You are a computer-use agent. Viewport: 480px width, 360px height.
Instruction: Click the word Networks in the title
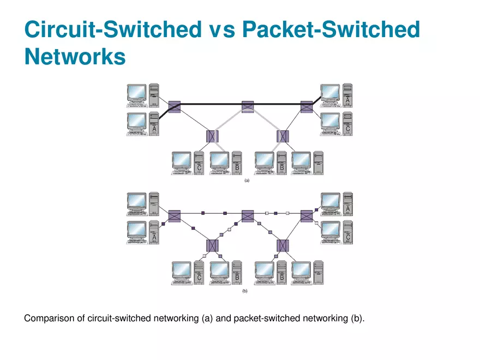click(75, 56)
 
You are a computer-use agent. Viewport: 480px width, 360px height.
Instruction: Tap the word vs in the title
click(221, 29)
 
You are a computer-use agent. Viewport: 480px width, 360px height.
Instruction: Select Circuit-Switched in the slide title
click(112, 29)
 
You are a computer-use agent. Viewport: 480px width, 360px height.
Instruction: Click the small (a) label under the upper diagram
click(247, 181)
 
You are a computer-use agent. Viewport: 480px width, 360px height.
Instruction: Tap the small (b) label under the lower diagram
click(244, 292)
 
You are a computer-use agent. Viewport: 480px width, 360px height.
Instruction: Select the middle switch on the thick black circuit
click(248, 106)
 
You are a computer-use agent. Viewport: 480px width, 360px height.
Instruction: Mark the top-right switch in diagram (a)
click(307, 106)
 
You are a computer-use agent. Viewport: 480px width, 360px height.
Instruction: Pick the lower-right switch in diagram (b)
click(283, 245)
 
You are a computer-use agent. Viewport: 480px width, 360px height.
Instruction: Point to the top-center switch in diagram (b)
click(248, 215)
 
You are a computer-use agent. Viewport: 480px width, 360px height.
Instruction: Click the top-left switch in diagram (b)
click(175, 216)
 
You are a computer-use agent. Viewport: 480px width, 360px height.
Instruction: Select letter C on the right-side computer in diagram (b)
click(348, 237)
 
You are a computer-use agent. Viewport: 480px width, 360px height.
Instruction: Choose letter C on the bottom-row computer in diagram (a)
click(200, 168)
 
